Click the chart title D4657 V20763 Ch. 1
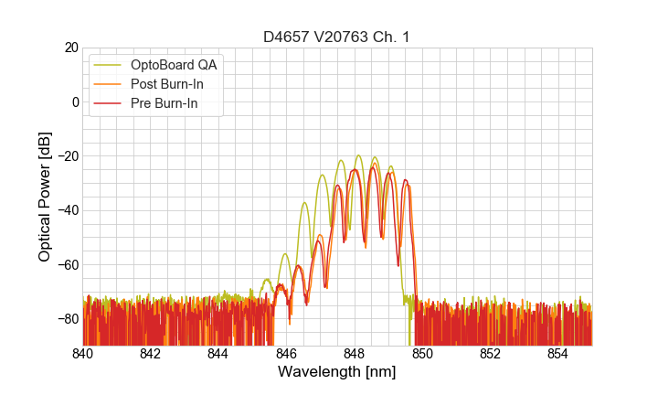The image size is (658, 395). (x=336, y=37)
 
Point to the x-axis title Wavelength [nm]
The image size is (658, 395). (x=336, y=372)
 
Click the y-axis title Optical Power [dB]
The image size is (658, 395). (x=45, y=197)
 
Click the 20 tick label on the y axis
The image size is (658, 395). (x=69, y=48)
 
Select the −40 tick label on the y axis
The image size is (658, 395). (x=66, y=210)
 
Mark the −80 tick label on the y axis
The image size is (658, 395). (x=66, y=319)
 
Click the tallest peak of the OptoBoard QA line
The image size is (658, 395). (x=358, y=155)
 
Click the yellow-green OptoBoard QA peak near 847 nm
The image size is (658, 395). (x=323, y=175)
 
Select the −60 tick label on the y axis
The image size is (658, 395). (x=66, y=264)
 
